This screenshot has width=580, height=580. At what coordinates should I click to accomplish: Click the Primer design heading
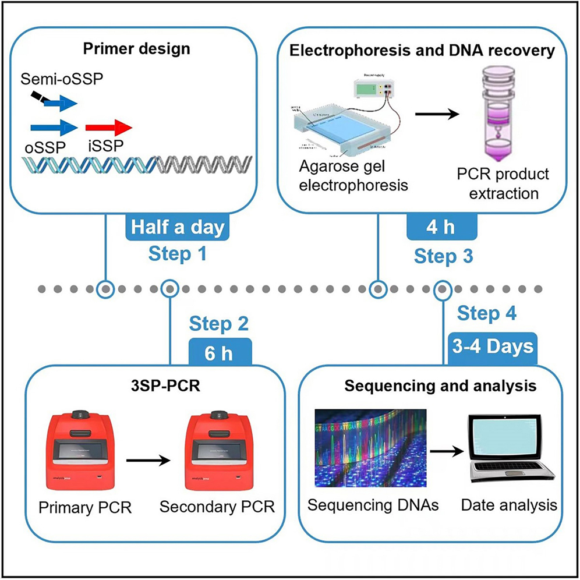pos(137,48)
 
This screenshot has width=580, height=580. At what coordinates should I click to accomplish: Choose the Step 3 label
pos(441,254)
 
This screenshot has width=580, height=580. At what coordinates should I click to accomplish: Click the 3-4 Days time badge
pos(492,346)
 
